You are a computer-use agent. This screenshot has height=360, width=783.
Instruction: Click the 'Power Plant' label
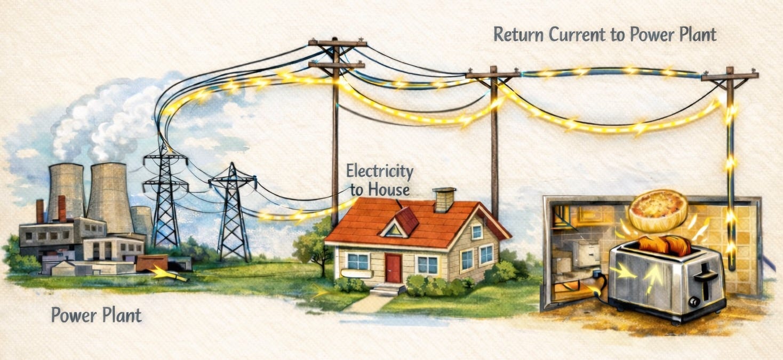(97, 315)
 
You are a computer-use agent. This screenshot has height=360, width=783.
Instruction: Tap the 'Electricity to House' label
(379, 180)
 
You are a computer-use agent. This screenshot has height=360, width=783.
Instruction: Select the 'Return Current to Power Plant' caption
(604, 35)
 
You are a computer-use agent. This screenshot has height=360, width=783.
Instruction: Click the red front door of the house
(394, 268)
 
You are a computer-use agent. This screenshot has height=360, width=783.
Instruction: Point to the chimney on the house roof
(444, 199)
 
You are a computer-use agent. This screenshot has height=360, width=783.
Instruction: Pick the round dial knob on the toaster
(694, 302)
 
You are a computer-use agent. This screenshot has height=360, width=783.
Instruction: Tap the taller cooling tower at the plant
(109, 197)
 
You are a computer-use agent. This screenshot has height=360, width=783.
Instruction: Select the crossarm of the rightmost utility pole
(730, 76)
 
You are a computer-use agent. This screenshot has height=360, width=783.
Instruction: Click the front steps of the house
(388, 289)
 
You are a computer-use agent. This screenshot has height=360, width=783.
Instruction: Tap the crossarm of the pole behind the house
(493, 75)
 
